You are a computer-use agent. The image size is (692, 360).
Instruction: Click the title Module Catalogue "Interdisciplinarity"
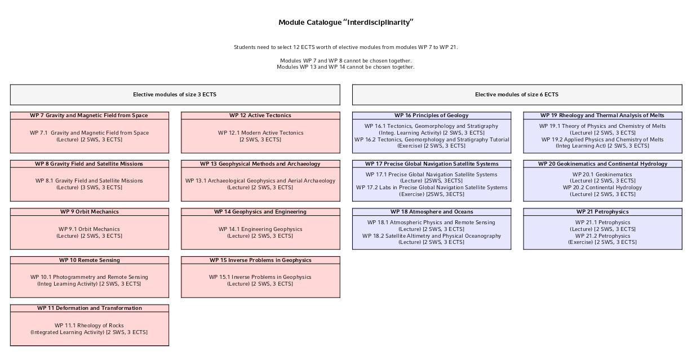[x=346, y=23]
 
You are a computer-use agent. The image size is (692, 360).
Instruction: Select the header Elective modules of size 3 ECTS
[x=175, y=95]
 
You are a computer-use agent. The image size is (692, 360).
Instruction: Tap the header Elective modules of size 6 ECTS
[x=517, y=95]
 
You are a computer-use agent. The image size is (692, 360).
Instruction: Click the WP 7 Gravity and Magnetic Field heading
[x=89, y=115]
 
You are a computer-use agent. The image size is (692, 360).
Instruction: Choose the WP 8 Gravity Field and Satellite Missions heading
[x=89, y=164]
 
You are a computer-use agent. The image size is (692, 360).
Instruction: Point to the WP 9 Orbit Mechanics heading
[x=89, y=212]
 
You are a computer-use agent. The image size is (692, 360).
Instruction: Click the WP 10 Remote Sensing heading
[x=89, y=260]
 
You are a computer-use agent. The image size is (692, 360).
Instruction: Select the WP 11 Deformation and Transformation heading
[x=89, y=308]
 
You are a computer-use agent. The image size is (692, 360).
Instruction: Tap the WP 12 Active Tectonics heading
[x=260, y=115]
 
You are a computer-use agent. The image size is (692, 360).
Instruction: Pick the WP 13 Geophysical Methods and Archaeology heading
[x=260, y=164]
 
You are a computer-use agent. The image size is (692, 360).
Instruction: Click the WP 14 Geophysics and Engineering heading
[x=260, y=212]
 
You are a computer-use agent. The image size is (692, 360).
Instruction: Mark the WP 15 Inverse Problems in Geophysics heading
[x=260, y=260]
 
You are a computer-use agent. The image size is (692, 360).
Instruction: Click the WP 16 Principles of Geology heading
[x=432, y=115]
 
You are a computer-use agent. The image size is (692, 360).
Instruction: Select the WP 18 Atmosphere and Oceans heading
[x=432, y=212]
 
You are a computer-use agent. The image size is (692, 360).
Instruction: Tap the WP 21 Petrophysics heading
[x=602, y=212]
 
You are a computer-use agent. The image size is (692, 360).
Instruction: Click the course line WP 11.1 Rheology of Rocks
[x=89, y=326]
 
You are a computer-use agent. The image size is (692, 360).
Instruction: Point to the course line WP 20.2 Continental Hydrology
[x=602, y=188]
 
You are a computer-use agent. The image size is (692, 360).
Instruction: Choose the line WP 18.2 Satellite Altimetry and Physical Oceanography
[x=432, y=236]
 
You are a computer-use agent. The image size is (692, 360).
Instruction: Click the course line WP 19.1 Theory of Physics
[x=602, y=126]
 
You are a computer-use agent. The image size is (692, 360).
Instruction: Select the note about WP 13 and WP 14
[x=346, y=67]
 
